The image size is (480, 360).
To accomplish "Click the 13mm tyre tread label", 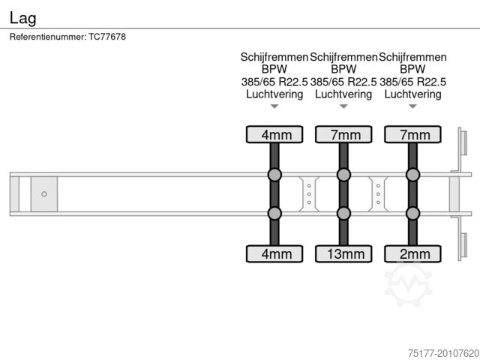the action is pyautogui.click(x=346, y=254).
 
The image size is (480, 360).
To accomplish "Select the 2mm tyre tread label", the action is pyautogui.click(x=415, y=254).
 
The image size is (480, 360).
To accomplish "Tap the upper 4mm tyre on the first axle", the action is pyautogui.click(x=274, y=134).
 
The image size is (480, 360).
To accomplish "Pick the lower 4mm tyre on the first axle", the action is pyautogui.click(x=274, y=253).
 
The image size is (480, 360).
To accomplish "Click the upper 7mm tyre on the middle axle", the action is pyautogui.click(x=343, y=134).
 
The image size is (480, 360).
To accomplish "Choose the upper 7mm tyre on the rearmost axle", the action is pyautogui.click(x=412, y=134).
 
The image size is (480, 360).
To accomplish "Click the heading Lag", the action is pyautogui.click(x=23, y=18).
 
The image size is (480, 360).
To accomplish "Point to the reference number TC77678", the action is pyautogui.click(x=107, y=37).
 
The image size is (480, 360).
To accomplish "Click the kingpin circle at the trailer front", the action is pyautogui.click(x=44, y=194).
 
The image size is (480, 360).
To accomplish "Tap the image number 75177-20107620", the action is pyautogui.click(x=443, y=353).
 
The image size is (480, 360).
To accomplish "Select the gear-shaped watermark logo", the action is pyautogui.click(x=408, y=284).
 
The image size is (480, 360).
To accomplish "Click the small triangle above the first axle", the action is pyautogui.click(x=274, y=106).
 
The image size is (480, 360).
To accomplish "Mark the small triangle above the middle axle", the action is pyautogui.click(x=343, y=106).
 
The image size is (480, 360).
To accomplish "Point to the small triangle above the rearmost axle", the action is pyautogui.click(x=412, y=106).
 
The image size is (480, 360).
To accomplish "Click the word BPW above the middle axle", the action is pyautogui.click(x=343, y=69).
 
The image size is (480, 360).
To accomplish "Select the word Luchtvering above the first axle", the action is pyautogui.click(x=274, y=94).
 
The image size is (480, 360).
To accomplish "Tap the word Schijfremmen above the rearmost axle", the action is pyautogui.click(x=412, y=57).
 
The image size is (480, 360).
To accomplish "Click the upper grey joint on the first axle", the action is pyautogui.click(x=274, y=175).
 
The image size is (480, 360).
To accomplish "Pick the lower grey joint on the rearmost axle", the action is pyautogui.click(x=412, y=213).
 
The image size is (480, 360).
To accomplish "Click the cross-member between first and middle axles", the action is pyautogui.click(x=309, y=194).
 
